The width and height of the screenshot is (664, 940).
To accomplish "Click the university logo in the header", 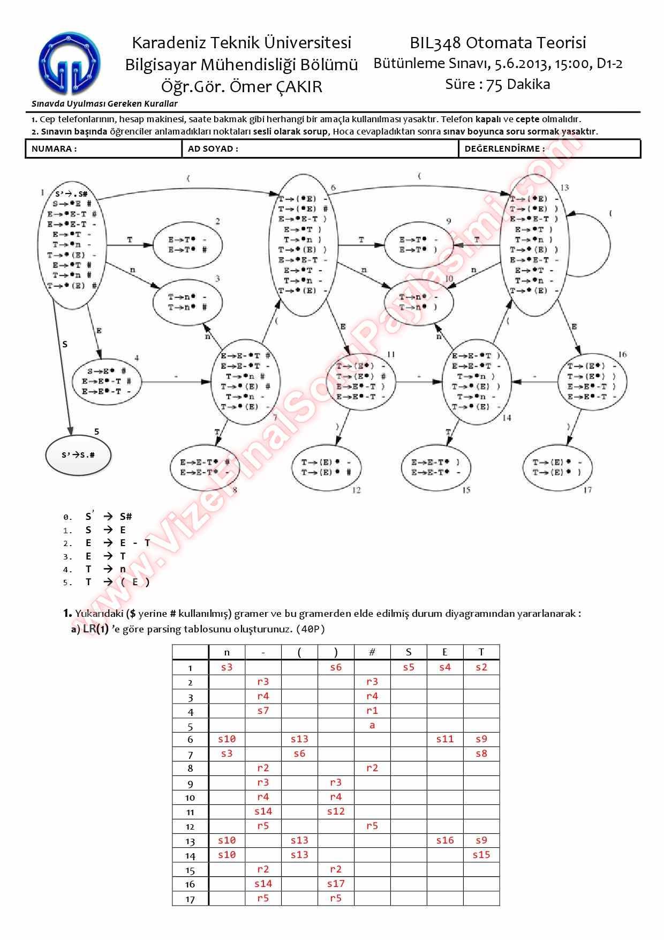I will (69, 63).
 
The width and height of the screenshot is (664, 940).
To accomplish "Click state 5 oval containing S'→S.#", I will (78, 455).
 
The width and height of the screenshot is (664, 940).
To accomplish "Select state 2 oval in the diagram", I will (187, 245).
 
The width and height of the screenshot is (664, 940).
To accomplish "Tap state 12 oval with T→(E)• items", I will (326, 467).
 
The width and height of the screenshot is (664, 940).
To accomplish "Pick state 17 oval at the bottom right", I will (557, 467).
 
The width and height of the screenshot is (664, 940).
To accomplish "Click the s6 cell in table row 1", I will (336, 667).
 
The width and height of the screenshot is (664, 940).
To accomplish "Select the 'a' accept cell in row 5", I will (372, 725).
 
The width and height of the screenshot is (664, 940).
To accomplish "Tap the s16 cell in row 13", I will (445, 840).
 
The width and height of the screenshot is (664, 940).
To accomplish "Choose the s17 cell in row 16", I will (336, 884).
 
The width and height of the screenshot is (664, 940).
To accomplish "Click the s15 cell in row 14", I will (481, 855).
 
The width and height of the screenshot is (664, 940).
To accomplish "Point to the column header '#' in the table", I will (372, 652).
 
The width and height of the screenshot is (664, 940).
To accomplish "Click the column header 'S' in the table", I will (409, 652).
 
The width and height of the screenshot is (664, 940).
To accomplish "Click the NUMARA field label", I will (54, 149).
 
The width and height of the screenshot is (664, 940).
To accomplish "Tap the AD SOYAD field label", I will (213, 149).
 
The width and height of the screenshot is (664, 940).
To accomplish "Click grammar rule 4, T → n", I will (105, 569).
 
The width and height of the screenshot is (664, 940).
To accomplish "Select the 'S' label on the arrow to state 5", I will (65, 344).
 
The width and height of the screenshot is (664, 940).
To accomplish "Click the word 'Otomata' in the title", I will (496, 43).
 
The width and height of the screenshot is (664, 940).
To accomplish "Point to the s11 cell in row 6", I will (445, 739).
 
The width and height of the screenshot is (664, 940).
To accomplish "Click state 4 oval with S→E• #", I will (107, 381).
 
